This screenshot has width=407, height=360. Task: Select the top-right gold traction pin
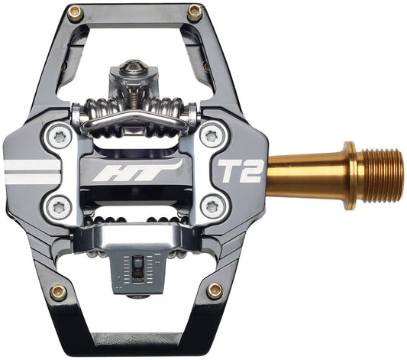[194, 11]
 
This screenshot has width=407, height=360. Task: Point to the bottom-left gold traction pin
[58, 291]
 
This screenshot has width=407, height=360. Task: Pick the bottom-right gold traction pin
[215, 290]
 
